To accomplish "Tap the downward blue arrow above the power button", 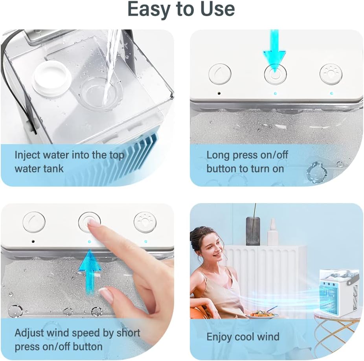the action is click(274, 51).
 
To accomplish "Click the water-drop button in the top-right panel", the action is click(220, 74).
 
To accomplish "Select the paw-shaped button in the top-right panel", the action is click(331, 74).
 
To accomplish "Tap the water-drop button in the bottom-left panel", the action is click(34, 222).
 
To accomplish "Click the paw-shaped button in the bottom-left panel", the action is click(145, 222).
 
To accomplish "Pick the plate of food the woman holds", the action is click(262, 314).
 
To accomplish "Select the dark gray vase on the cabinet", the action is click(253, 231).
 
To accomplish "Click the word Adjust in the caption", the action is click(29, 333).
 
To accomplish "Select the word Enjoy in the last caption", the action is click(219, 337).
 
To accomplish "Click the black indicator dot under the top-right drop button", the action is click(219, 93).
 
